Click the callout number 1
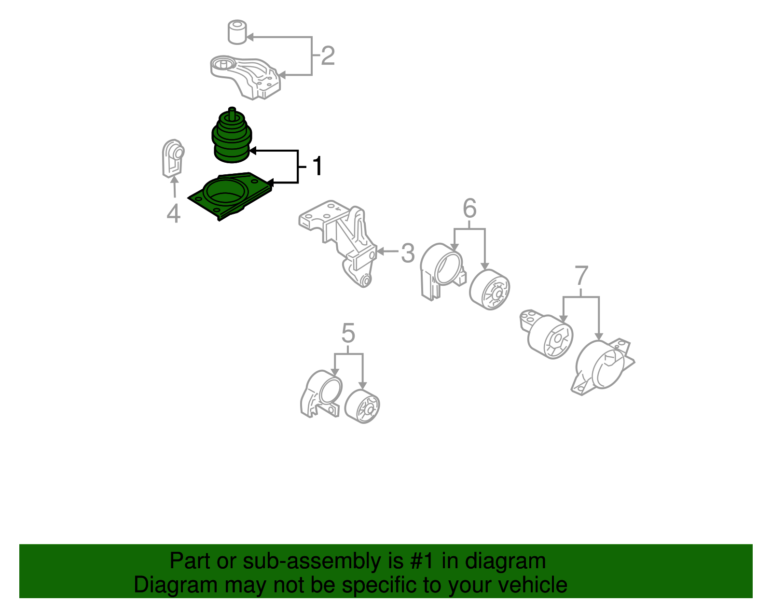pyautogui.click(x=317, y=166)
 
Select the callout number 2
pyautogui.click(x=328, y=56)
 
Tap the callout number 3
pyautogui.click(x=408, y=253)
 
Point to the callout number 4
pyautogui.click(x=173, y=213)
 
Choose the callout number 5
pyautogui.click(x=348, y=333)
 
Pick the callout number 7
pyautogui.click(x=581, y=275)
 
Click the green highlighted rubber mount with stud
pyautogui.click(x=232, y=135)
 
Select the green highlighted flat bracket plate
pyautogui.click(x=230, y=196)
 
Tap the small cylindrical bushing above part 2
pyautogui.click(x=237, y=32)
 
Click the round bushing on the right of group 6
pyautogui.click(x=490, y=290)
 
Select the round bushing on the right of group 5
pyautogui.click(x=362, y=407)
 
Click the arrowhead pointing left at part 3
pyautogui.click(x=380, y=252)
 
